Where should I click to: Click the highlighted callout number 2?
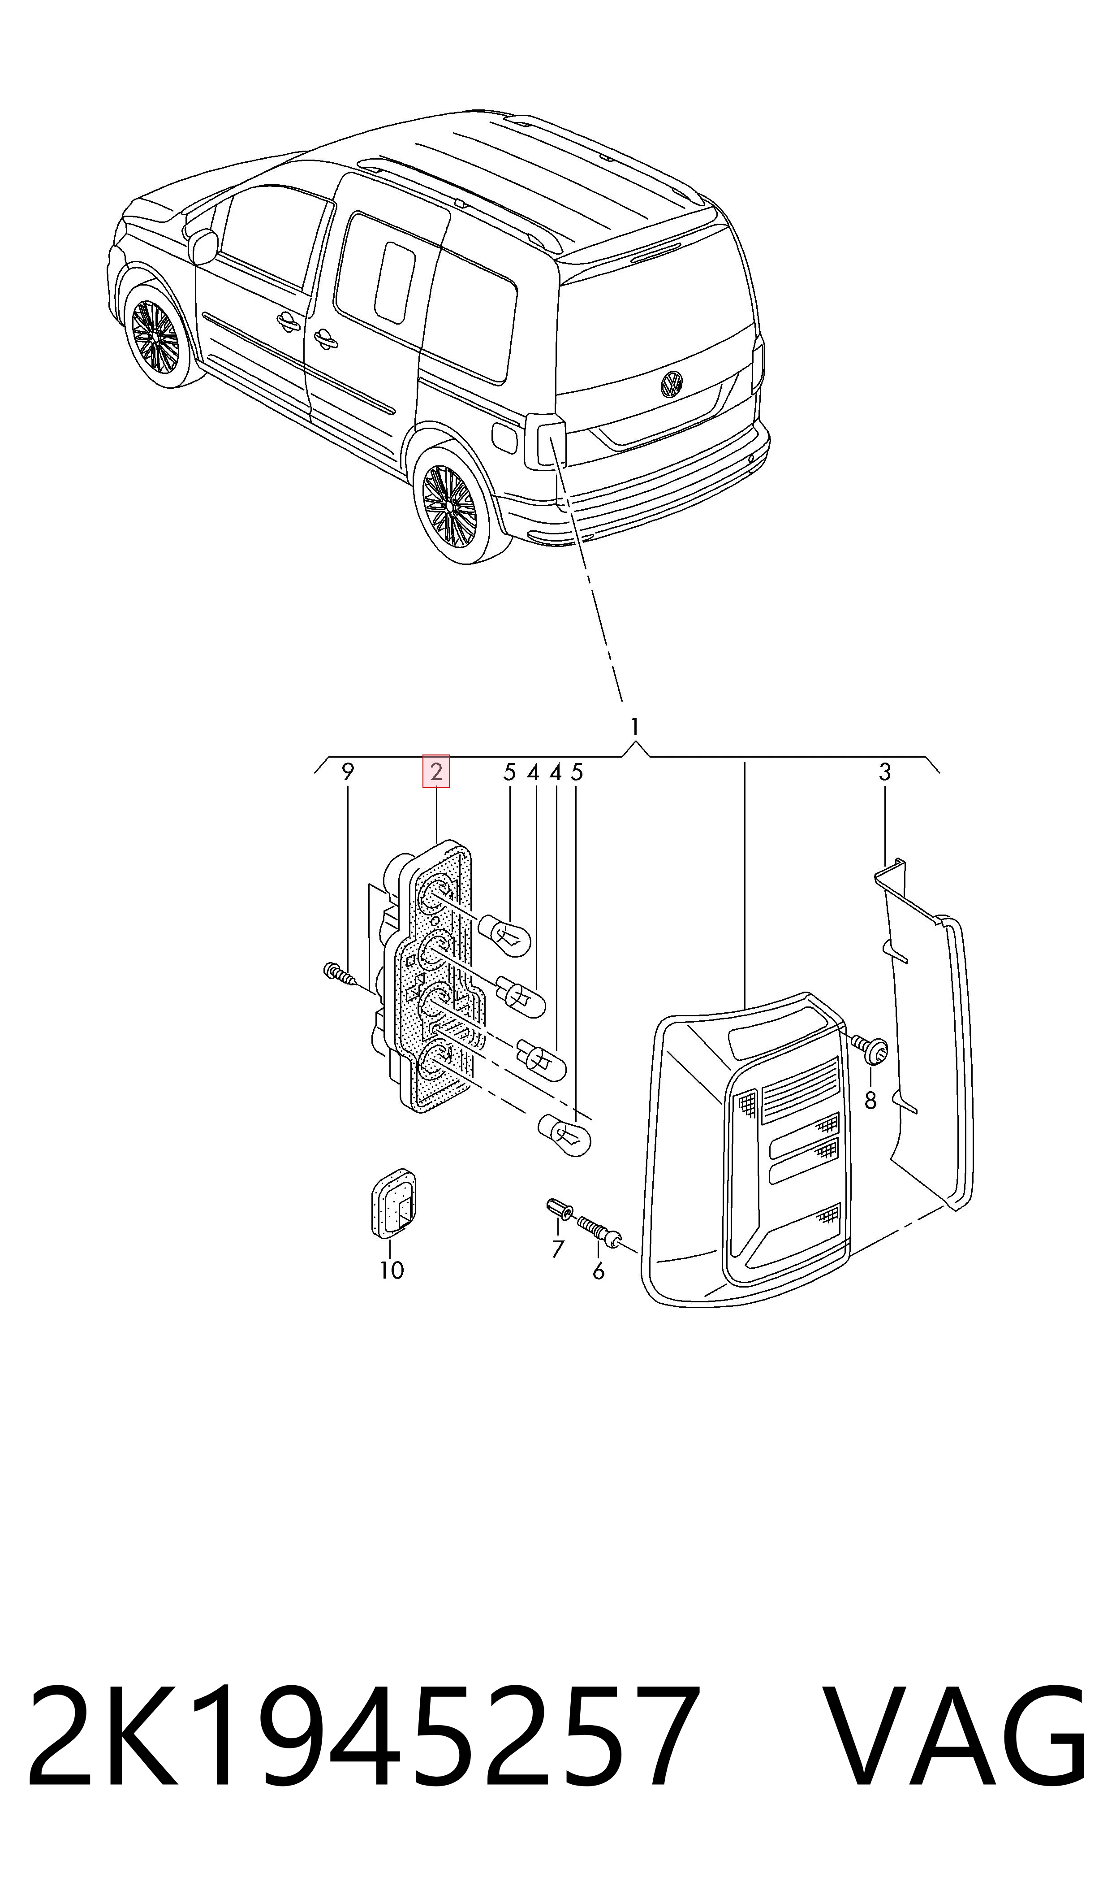coord(436,772)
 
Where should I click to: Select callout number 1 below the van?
coord(635,728)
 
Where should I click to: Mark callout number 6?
coord(599,1271)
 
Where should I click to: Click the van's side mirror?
coord(203,246)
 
